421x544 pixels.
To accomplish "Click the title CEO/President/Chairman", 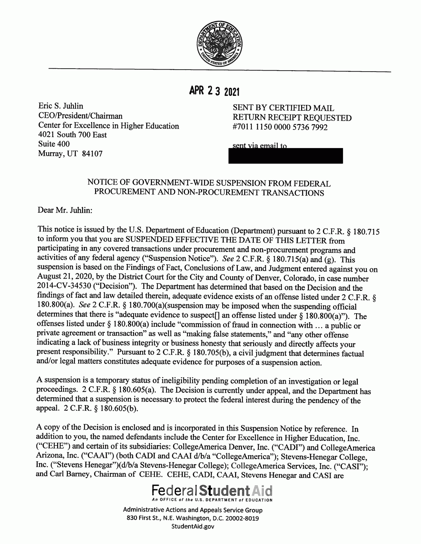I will pos(80,116).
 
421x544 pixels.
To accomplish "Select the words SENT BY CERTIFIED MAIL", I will pos(283,108).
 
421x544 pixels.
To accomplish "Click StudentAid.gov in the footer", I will pos(193,526).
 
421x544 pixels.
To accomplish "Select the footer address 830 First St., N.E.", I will pos(153,518).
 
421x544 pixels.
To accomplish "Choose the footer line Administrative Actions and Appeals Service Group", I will pos(193,510).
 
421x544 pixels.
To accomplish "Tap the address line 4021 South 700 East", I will pos(73,135).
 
